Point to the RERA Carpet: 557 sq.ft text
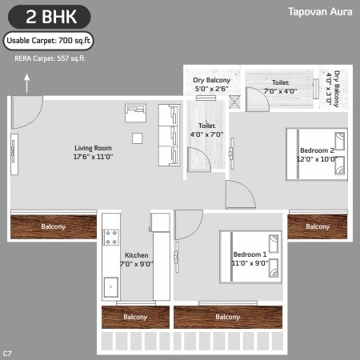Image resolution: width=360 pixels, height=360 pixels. tap(50, 58)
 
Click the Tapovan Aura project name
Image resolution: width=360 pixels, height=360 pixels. tap(319, 12)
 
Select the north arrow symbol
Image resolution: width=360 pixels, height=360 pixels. tap(27, 79)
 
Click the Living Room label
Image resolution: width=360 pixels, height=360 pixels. tap(93, 152)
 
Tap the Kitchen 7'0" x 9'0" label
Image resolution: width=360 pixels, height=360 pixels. tap(137, 259)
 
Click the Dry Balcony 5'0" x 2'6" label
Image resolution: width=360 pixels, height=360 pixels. tap(212, 84)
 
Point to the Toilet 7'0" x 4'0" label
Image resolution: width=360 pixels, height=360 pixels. tap(280, 86)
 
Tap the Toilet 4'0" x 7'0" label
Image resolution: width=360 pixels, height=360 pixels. tap(206, 130)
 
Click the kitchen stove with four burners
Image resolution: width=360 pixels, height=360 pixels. tap(111, 238)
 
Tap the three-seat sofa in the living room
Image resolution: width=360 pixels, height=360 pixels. tap(170, 134)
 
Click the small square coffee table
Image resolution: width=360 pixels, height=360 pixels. tap(138, 138)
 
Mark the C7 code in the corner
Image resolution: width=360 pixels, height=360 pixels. tap(7, 353)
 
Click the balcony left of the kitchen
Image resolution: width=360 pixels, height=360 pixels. tap(53, 226)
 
